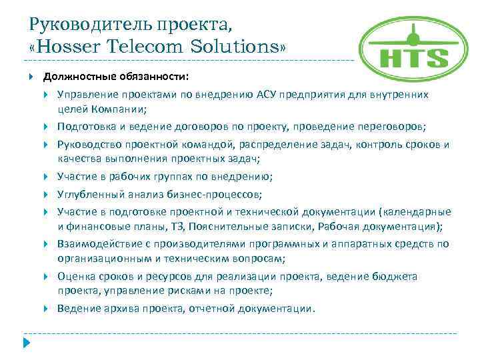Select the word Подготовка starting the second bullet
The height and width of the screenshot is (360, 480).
(x=87, y=127)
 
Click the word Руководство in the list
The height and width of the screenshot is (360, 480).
(x=89, y=145)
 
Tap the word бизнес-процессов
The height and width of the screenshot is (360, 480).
(x=215, y=194)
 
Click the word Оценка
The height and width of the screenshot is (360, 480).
(x=75, y=277)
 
